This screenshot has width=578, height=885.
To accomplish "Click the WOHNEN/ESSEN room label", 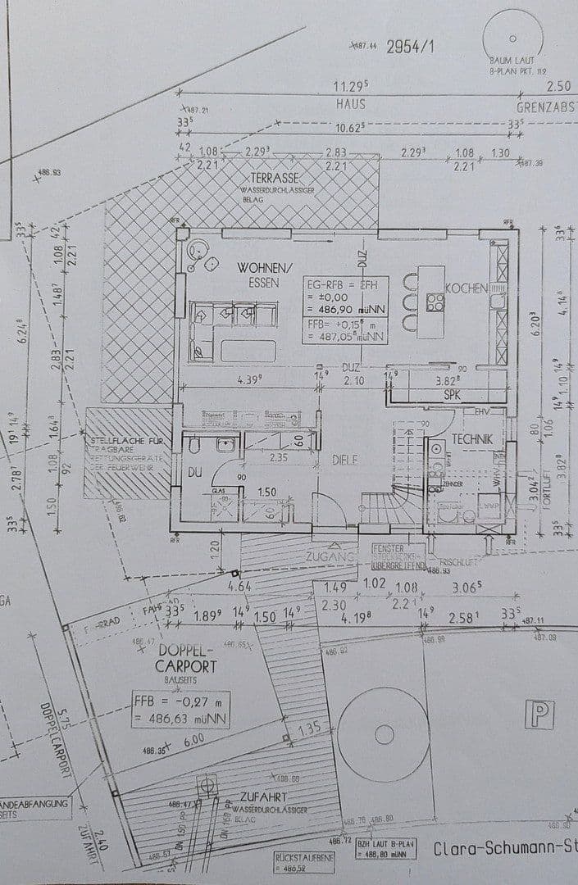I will (x=264, y=275).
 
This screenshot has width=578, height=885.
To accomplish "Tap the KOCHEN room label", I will (x=466, y=288).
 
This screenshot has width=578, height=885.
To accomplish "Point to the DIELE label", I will (x=344, y=460).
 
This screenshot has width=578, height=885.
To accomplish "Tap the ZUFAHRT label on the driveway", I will (x=262, y=796).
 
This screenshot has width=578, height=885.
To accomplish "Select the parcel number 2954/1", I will (x=410, y=47).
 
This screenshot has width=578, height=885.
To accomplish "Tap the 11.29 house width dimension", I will (x=350, y=86).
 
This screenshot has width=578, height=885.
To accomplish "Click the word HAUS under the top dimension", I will (x=350, y=104).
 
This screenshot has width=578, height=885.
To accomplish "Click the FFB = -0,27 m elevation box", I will (x=180, y=710).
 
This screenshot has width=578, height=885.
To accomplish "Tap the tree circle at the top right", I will (x=512, y=38).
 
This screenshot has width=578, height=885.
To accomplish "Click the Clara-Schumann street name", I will (x=502, y=849).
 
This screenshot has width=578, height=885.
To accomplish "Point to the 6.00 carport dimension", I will (x=193, y=739).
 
